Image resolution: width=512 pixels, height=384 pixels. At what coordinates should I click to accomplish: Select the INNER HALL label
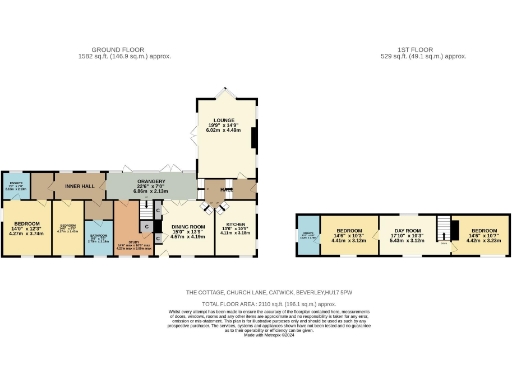(x=79, y=186)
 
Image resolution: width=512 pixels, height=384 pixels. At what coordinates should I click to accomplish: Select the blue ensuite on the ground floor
(x=16, y=185)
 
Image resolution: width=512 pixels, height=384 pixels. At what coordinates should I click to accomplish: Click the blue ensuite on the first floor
(x=310, y=234)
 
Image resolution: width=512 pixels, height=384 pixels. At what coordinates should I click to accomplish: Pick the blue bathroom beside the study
(x=98, y=237)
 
